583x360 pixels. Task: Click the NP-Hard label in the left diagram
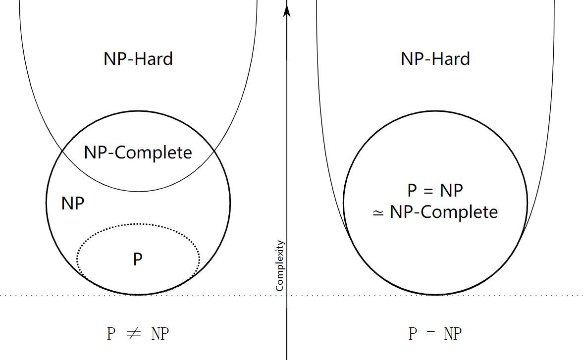click(138, 59)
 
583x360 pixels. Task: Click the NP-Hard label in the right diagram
click(435, 59)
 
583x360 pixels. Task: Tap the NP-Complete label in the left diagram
click(138, 153)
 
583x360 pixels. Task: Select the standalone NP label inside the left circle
click(73, 203)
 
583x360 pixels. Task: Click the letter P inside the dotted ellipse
click(138, 259)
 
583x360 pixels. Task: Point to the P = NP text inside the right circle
click(435, 191)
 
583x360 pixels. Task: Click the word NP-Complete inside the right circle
click(443, 212)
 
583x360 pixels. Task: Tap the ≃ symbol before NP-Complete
click(378, 213)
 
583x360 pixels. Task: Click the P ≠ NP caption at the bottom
click(138, 334)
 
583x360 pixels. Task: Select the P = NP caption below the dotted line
click(435, 334)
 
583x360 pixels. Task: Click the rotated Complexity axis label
click(280, 266)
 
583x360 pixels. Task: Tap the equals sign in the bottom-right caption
click(431, 334)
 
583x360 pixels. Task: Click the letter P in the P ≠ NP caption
click(111, 334)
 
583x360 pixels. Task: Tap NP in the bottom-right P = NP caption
click(453, 334)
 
